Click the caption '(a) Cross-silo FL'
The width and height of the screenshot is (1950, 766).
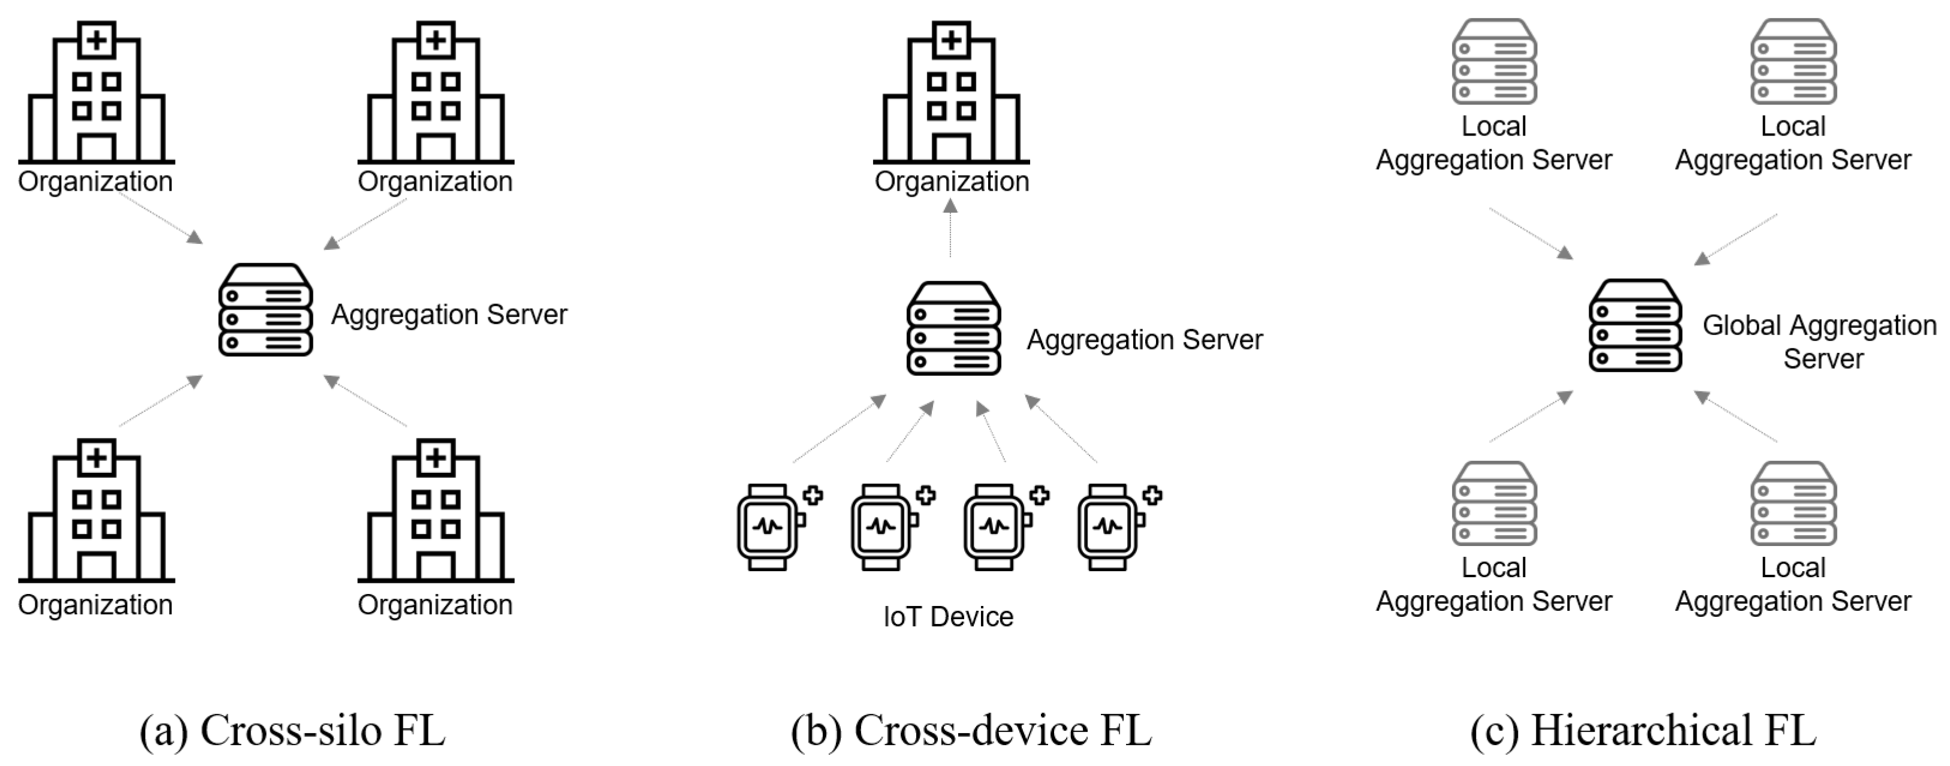click(292, 731)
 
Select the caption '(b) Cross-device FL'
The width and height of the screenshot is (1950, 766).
click(971, 731)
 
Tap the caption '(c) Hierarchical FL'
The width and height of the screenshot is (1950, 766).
click(1643, 731)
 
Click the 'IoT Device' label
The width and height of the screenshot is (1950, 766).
click(948, 617)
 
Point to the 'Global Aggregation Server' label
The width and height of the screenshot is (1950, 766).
click(1819, 342)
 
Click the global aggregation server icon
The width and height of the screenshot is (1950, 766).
click(1635, 325)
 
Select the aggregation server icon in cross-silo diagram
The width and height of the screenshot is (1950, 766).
click(265, 310)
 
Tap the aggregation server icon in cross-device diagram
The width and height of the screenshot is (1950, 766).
click(953, 328)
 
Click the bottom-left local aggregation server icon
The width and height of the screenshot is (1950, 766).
click(1493, 503)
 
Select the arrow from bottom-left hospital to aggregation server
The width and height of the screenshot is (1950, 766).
click(161, 401)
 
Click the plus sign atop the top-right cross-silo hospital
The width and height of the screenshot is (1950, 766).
click(435, 40)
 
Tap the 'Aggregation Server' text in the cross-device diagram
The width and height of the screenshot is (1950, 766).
click(1144, 340)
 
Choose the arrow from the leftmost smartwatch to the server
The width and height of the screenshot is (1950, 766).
click(839, 429)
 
